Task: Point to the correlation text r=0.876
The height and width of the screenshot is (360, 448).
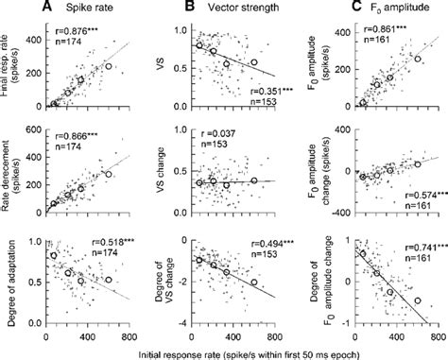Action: coord(74,27)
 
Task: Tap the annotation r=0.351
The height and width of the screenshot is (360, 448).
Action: coord(268,90)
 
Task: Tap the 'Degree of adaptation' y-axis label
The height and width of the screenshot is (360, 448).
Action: coord(11,275)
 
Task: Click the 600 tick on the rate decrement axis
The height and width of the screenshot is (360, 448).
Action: coord(34,130)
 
